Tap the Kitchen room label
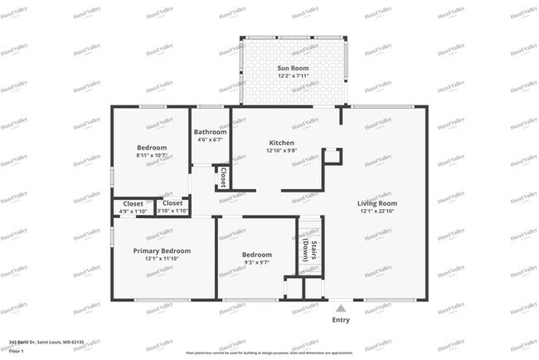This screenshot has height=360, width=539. tap(282, 143)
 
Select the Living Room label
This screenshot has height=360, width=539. tap(377, 203)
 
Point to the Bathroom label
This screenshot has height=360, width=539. tap(211, 132)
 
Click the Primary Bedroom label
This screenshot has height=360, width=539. tap(163, 251)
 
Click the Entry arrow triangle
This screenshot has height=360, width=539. tap(341, 309)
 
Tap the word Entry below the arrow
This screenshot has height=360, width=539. tap(341, 319)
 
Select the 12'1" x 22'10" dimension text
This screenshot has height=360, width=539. tap(377, 212)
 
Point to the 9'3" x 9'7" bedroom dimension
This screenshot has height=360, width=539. tap(257, 263)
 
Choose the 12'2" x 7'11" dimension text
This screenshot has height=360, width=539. tap(291, 76)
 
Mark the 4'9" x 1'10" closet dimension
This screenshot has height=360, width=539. tap(133, 212)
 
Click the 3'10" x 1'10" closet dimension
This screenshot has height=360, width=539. tap(172, 212)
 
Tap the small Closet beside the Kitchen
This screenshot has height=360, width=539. tap(224, 177)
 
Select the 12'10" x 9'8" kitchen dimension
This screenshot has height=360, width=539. tap(282, 151)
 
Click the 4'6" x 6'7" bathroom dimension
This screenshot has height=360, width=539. tap(211, 140)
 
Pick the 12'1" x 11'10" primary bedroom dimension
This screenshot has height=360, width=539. tap(163, 259)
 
